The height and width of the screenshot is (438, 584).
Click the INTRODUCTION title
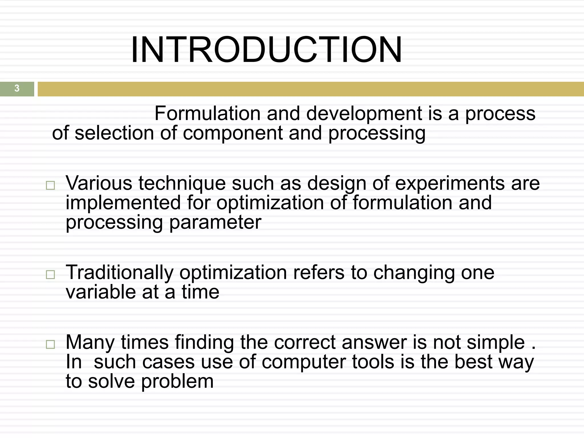point(266,50)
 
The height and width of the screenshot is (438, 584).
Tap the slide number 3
point(17,88)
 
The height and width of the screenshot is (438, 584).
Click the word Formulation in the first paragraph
point(207,113)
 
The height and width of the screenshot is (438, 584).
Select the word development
point(364,113)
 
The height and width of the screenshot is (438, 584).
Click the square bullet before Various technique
point(50,186)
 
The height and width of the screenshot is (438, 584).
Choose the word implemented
point(123,202)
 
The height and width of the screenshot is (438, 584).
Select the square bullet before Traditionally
point(50,275)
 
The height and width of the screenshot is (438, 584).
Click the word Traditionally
point(119,272)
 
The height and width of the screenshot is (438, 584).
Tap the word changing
point(413,272)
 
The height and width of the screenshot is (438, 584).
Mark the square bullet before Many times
point(50,344)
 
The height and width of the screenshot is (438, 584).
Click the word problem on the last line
point(177,381)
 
